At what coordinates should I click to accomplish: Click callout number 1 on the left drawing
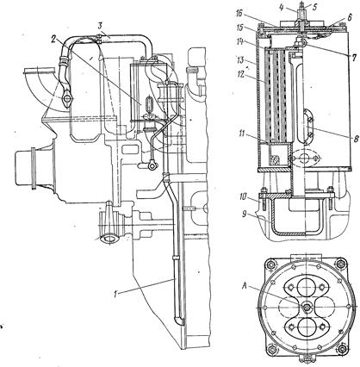[115, 295]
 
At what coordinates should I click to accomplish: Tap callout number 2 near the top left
[53, 39]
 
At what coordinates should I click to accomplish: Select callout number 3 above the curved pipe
[100, 27]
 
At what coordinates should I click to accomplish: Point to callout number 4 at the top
[282, 7]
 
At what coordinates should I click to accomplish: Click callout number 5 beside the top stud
[315, 7]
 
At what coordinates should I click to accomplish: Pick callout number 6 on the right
[350, 17]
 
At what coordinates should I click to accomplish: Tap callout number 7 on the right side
[354, 58]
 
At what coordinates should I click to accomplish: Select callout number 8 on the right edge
[356, 139]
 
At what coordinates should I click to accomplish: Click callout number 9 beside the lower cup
[245, 215]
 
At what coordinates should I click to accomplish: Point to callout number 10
[242, 196]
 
